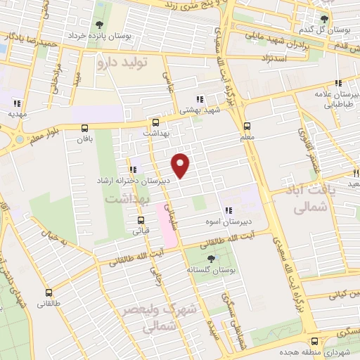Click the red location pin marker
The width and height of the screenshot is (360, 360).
click(181, 165)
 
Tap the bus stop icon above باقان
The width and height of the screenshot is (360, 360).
click(85, 128)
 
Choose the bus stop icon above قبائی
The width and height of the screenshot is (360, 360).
click(139, 218)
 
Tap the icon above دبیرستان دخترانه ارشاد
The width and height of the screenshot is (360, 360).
click(133, 169)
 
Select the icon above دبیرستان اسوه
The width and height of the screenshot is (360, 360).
click(228, 210)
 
